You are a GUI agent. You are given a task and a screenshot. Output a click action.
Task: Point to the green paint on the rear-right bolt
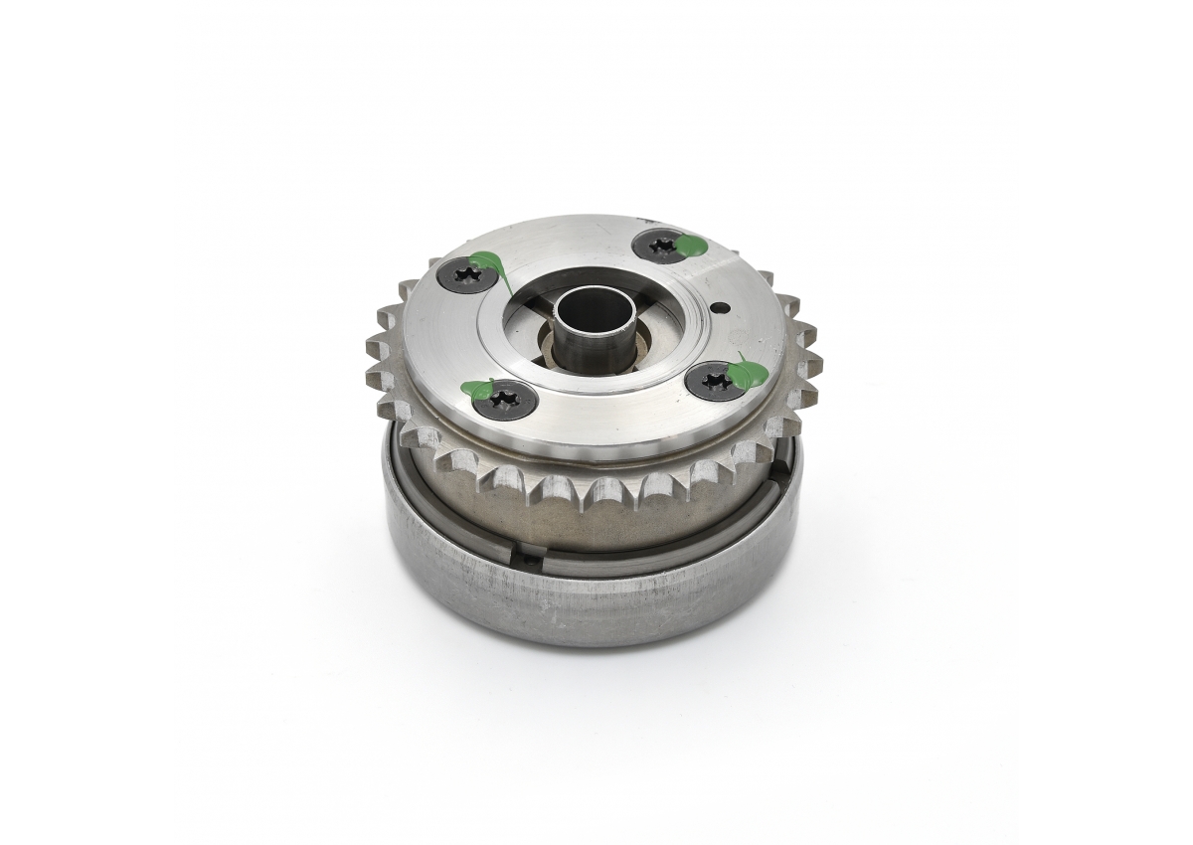pyautogui.click(x=689, y=244)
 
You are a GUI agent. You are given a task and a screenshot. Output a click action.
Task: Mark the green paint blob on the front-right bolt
pyautogui.click(x=746, y=373)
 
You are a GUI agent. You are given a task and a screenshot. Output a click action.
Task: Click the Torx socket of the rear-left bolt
pyautogui.click(x=463, y=277)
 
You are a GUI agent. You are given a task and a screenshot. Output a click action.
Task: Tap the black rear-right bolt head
pyautogui.click(x=661, y=245)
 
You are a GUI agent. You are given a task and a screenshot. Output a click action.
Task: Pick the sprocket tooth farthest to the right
pyautogui.click(x=807, y=333)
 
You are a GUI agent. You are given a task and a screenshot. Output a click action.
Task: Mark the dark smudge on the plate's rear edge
pyautogui.click(x=647, y=217)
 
